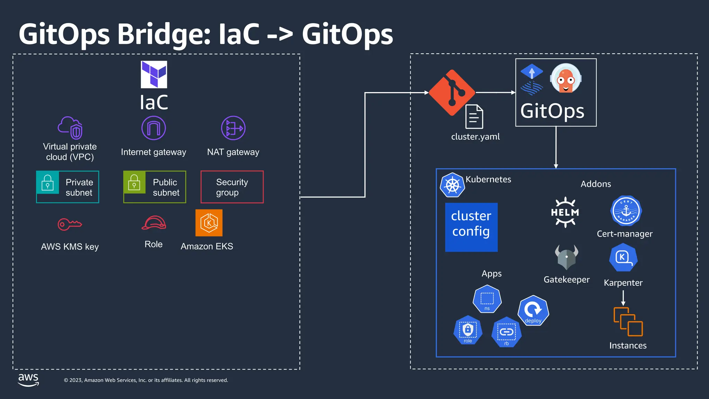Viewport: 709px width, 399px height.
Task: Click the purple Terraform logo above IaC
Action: pos(154,74)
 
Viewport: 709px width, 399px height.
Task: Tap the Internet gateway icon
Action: pos(153,128)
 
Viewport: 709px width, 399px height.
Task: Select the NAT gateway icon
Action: pos(233,128)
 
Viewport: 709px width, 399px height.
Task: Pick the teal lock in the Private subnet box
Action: pos(47,183)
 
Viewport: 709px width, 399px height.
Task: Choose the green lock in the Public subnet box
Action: pos(134,183)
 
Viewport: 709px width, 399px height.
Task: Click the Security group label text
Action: pos(232,187)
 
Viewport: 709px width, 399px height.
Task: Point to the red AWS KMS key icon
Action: pos(69,224)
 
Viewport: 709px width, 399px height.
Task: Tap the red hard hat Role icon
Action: pos(154,223)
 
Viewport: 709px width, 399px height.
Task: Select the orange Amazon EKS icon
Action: pos(209,223)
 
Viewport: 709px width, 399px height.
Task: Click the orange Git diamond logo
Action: pos(452,93)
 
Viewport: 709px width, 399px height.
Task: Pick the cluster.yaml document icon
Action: pos(474,117)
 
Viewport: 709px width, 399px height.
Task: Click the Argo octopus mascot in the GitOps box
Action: pos(566,79)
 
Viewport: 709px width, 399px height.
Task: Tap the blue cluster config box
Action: pos(471,227)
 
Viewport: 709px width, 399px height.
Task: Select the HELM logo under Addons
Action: pos(565,212)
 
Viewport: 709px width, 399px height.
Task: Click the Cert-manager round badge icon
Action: pos(626,211)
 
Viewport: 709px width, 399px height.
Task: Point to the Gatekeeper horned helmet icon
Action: pos(566,257)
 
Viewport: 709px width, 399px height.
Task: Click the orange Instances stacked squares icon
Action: pos(628,321)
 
